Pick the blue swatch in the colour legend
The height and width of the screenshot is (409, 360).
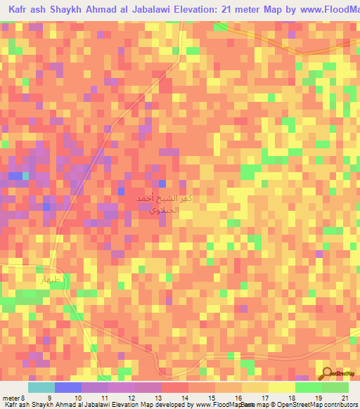tap(68, 387)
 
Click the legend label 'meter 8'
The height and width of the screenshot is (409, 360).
tap(13, 397)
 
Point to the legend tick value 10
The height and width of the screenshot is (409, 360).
tap(81, 397)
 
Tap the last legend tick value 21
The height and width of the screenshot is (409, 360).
tap(344, 397)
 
